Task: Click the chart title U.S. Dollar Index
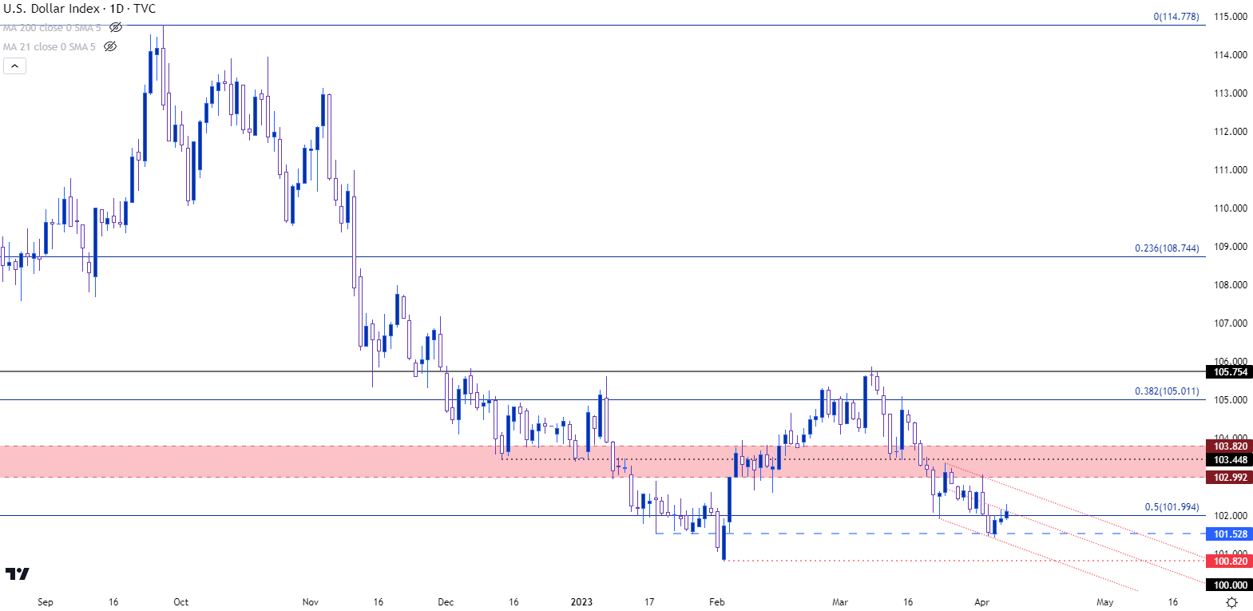coord(52,9)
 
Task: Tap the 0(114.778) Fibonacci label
coord(1176,17)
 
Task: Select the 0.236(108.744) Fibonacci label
coord(1167,248)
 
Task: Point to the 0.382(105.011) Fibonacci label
coord(1167,391)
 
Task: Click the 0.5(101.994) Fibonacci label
coord(1172,507)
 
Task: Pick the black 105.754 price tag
coord(1230,372)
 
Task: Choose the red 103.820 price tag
coord(1230,446)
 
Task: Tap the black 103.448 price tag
coord(1230,460)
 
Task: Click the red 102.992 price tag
coord(1230,478)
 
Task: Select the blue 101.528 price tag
coord(1230,534)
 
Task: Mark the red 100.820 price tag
coord(1230,561)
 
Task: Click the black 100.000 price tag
coord(1230,585)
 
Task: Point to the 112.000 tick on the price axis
coord(1230,132)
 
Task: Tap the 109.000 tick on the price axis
coord(1230,247)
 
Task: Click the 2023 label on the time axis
coord(581,602)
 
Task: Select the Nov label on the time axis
coord(311,602)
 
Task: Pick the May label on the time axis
coord(1104,602)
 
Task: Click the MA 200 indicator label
coord(52,28)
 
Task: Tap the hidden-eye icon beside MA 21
coord(110,47)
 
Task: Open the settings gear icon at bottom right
coord(1232,602)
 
